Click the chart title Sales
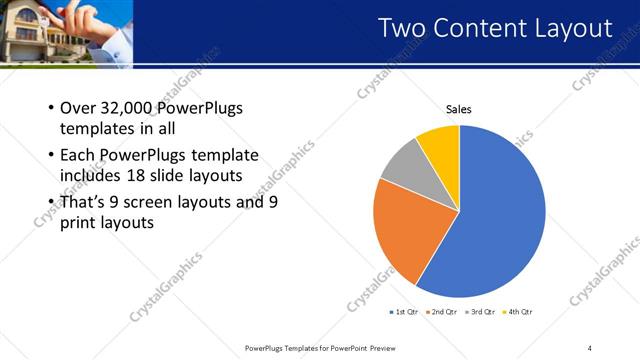click(x=458, y=110)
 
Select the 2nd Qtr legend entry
click(x=445, y=313)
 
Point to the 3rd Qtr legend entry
click(x=482, y=313)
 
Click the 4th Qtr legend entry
click(x=519, y=313)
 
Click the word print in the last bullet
click(x=79, y=223)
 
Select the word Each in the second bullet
click(x=77, y=156)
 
